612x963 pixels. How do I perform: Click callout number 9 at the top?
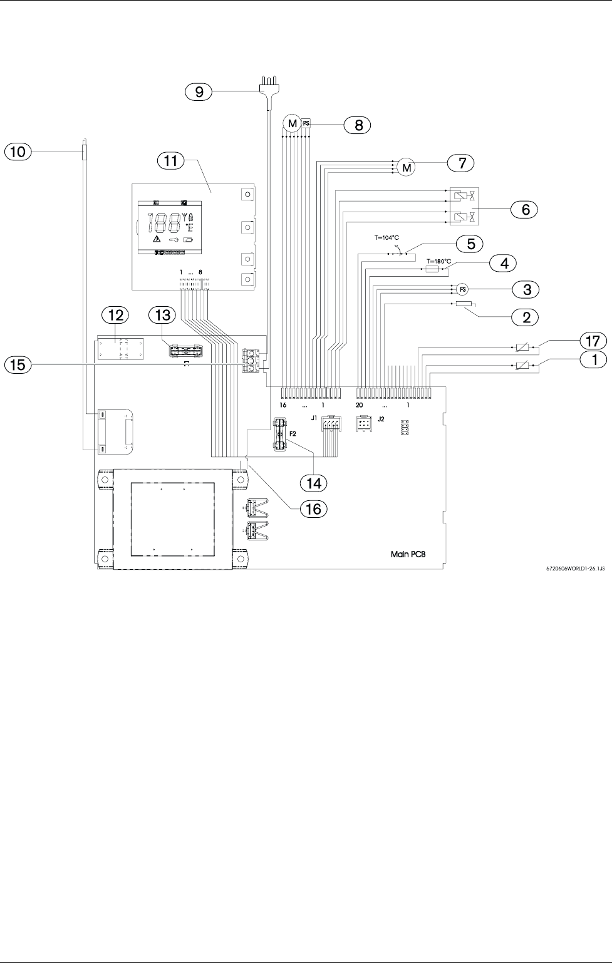[x=199, y=92]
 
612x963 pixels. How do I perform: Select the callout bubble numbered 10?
[x=18, y=150]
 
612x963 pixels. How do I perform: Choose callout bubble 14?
[x=313, y=483]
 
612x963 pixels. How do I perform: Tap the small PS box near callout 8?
[x=306, y=123]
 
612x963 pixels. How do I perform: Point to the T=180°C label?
[x=438, y=261]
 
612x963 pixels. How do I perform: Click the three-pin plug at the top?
[x=269, y=83]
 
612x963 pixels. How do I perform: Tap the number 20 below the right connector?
[x=359, y=406]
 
